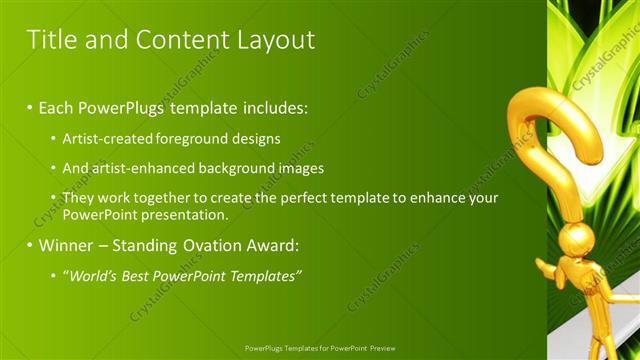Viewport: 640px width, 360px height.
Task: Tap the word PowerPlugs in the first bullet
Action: click(x=124, y=105)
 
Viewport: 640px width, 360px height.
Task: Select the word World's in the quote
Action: click(x=91, y=275)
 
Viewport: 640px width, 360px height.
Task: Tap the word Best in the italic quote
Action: click(x=134, y=275)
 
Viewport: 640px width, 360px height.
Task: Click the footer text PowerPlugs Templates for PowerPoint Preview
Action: click(x=319, y=348)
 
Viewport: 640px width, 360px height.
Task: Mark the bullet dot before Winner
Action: click(x=30, y=245)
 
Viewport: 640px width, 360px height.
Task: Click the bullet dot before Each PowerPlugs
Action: click(x=30, y=106)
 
